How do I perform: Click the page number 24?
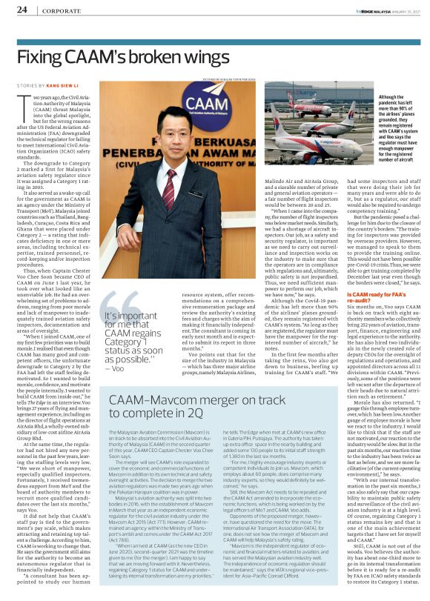[22, 10]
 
